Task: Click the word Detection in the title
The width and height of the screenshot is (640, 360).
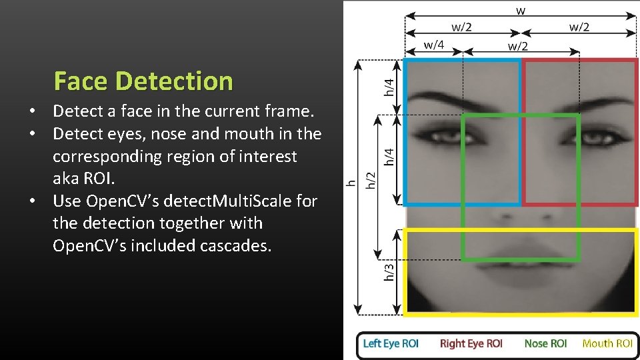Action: click(174, 81)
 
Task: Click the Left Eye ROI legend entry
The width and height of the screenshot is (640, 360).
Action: click(391, 343)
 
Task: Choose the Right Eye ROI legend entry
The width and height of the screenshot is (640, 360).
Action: click(471, 343)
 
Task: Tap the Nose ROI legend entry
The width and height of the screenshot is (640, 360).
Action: click(545, 343)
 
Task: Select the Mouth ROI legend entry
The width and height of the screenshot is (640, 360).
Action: click(607, 343)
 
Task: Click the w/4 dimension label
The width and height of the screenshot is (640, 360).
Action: click(434, 45)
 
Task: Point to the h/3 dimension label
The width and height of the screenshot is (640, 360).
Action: click(389, 271)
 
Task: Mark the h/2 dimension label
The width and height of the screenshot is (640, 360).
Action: click(371, 180)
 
